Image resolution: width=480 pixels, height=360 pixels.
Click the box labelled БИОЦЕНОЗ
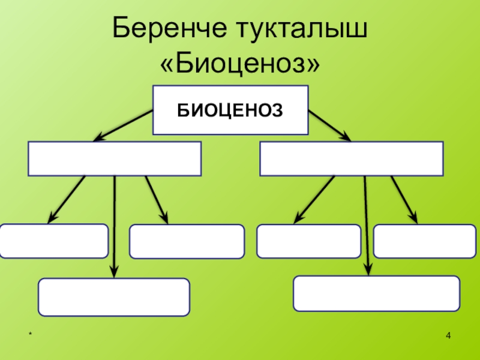coord(231,110)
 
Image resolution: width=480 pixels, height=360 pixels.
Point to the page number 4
coord(448,333)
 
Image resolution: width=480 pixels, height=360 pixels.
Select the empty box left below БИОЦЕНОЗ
coord(115,159)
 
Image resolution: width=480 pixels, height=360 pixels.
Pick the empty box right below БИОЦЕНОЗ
coord(352,159)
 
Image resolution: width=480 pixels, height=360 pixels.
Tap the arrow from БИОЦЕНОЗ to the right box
coord(329,125)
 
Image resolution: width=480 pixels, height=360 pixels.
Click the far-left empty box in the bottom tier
coord(55,241)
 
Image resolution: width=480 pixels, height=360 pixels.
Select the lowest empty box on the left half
coord(114,297)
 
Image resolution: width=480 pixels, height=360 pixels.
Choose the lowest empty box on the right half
coord(376,293)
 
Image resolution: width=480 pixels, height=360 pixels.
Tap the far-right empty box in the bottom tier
coord(424,241)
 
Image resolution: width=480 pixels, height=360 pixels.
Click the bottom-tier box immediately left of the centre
coord(187,241)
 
